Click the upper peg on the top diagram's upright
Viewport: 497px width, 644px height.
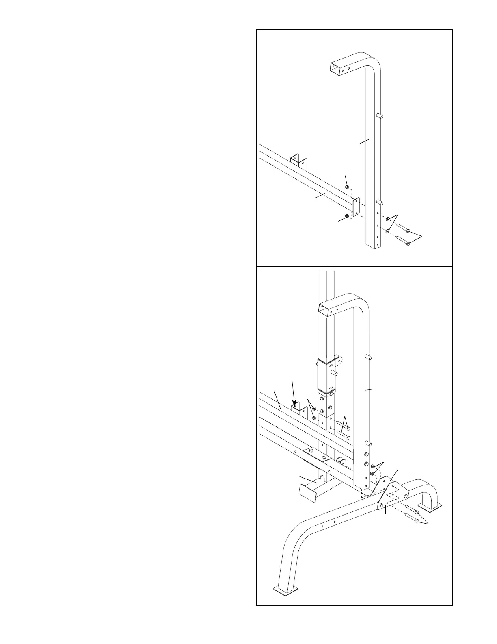tap(380, 116)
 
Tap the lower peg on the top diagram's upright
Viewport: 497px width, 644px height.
tap(380, 202)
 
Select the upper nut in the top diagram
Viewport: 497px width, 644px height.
tap(347, 187)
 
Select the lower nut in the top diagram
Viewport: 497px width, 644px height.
tap(346, 215)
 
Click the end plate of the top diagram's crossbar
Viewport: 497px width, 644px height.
tap(356, 207)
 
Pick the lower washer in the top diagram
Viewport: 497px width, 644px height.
tap(388, 231)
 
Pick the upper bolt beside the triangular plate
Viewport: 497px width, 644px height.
tap(411, 511)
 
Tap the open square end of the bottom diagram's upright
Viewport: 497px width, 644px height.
tap(328, 311)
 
